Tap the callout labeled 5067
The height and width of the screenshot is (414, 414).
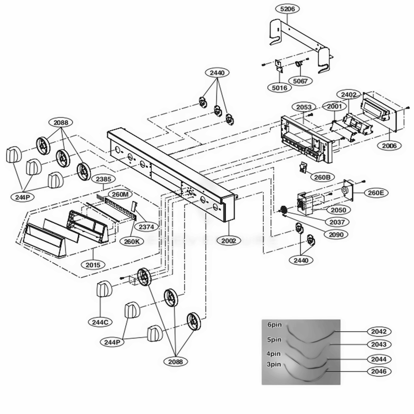[300, 81]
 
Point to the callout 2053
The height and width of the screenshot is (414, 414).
[304, 107]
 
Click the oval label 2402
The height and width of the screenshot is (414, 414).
[348, 95]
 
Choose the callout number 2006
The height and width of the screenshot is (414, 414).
[389, 145]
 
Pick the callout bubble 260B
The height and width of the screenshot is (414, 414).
[322, 178]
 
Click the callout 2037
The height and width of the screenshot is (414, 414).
[337, 222]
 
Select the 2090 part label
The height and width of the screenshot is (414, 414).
[336, 234]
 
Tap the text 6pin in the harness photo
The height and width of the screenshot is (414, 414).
[274, 325]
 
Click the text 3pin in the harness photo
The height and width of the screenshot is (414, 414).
[274, 365]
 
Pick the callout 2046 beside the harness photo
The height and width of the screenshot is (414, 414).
[379, 371]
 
